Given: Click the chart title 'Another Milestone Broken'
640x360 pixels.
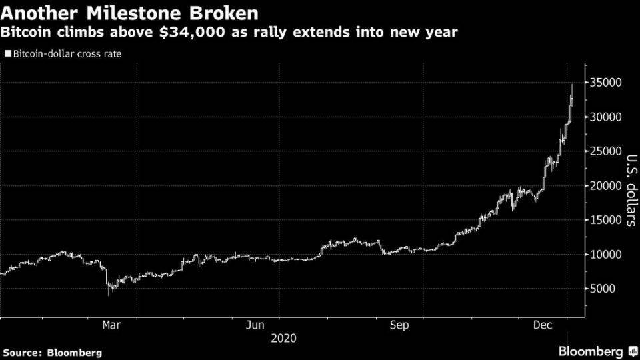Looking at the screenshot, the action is pyautogui.click(x=129, y=13).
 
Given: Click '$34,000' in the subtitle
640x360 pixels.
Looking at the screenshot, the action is pyautogui.click(x=192, y=32).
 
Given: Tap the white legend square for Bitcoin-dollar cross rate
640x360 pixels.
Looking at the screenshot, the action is pyautogui.click(x=8, y=53).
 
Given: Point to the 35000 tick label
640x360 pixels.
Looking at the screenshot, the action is pyautogui.click(x=606, y=83).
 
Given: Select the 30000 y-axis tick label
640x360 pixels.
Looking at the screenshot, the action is pyautogui.click(x=606, y=117).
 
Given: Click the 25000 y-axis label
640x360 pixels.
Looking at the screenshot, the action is pyautogui.click(x=606, y=151).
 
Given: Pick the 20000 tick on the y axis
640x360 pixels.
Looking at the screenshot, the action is pyautogui.click(x=606, y=186).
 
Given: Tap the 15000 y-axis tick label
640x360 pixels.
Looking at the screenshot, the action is pyautogui.click(x=606, y=220).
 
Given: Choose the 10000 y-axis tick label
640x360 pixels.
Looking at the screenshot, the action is pyautogui.click(x=606, y=254).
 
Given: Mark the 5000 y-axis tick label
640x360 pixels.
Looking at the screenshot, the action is pyautogui.click(x=603, y=289).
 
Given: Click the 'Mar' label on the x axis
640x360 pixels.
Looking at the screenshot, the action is pyautogui.click(x=111, y=325).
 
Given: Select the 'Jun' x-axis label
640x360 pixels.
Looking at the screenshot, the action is pyautogui.click(x=255, y=325).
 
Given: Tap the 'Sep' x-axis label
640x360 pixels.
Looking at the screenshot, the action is pyautogui.click(x=399, y=325).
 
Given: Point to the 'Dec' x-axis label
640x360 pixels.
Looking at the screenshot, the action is pyautogui.click(x=543, y=325).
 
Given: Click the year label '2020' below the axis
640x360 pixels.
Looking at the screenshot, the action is pyautogui.click(x=284, y=339).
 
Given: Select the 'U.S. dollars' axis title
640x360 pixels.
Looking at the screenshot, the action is pyautogui.click(x=631, y=190).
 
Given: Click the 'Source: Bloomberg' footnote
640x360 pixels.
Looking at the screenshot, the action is pyautogui.click(x=52, y=353).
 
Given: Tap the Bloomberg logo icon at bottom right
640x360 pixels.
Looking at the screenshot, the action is pyautogui.click(x=633, y=351).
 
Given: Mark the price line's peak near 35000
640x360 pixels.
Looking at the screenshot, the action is pyautogui.click(x=572, y=84).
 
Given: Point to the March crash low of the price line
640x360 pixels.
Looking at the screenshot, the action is pyautogui.click(x=109, y=295).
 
